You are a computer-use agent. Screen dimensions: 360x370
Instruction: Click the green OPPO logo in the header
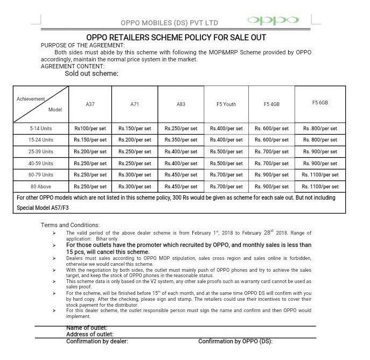click(273, 21)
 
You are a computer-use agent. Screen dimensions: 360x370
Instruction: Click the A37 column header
click(90, 104)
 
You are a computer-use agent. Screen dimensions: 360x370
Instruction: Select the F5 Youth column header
click(227, 104)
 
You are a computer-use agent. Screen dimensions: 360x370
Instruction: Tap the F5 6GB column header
click(320, 102)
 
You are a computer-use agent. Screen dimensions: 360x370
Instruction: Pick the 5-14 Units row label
click(41, 129)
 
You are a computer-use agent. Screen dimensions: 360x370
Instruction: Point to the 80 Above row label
click(41, 187)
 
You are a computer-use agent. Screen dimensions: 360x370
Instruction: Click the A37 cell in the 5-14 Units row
click(90, 129)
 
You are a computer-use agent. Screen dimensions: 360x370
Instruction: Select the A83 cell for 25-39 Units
click(181, 152)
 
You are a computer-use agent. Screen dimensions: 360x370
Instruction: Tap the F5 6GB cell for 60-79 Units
click(320, 175)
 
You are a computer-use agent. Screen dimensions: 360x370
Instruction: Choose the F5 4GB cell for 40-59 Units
click(273, 163)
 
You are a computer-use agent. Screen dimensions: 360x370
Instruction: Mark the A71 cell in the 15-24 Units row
click(135, 140)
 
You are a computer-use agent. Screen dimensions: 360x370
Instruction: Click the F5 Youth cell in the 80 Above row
click(227, 187)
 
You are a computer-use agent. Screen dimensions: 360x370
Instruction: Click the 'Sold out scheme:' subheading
click(92, 73)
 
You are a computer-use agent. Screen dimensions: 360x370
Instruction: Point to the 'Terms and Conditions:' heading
click(70, 225)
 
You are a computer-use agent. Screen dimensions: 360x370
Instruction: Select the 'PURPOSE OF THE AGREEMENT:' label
click(79, 45)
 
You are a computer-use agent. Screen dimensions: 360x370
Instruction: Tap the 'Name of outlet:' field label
click(87, 328)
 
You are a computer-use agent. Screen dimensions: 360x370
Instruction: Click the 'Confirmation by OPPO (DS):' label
click(235, 341)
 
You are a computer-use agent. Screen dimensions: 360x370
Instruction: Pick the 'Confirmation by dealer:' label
click(97, 341)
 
